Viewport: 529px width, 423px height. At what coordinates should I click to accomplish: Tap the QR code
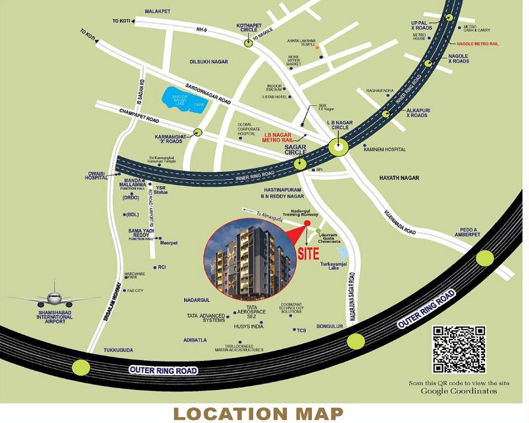[459, 350]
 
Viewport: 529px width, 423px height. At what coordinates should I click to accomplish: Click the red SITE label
[308, 253]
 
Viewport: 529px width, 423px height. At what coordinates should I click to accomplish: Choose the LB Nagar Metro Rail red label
[282, 137]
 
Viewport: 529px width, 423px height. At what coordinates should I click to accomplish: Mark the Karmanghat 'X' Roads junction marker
[198, 133]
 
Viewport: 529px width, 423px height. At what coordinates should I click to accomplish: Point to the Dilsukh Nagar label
[209, 62]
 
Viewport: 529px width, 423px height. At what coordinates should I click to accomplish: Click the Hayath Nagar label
[399, 178]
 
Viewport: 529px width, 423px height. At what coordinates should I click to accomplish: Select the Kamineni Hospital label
[385, 150]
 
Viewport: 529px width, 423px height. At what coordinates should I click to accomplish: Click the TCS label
[301, 330]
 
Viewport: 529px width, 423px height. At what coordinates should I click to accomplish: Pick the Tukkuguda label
[116, 350]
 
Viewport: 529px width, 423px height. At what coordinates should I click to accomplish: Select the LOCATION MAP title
[258, 413]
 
